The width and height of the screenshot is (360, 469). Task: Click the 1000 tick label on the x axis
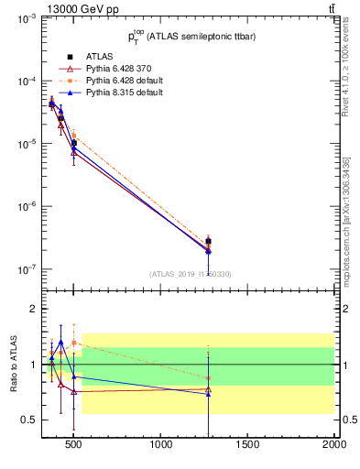[x=162, y=446]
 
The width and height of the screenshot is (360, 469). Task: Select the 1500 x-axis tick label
[x=248, y=446]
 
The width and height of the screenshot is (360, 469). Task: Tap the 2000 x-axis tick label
[x=333, y=446]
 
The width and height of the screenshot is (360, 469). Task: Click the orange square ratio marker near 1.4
[x=74, y=343]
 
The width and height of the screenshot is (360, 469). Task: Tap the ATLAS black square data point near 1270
[x=209, y=241]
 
